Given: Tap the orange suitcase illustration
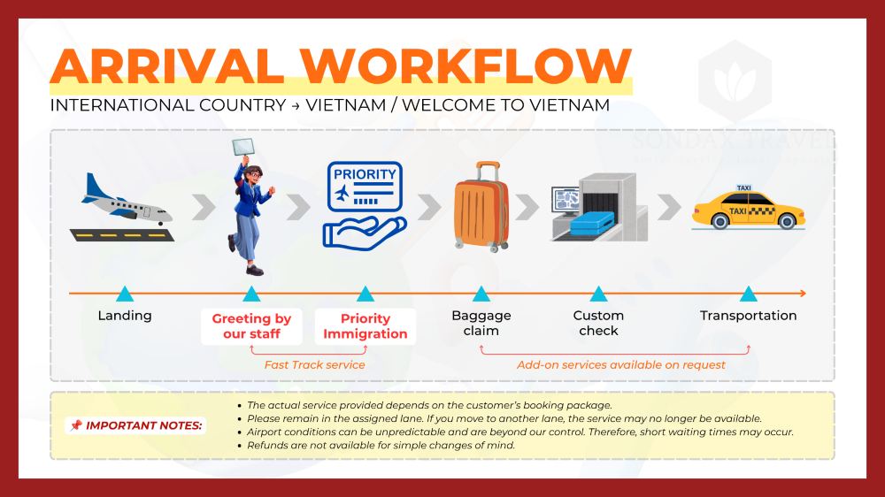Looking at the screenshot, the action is pyautogui.click(x=481, y=207).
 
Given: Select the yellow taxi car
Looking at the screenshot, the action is pyautogui.click(x=749, y=208).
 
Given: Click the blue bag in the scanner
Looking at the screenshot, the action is pyautogui.click(x=591, y=224).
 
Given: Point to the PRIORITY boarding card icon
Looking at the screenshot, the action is pyautogui.click(x=365, y=187).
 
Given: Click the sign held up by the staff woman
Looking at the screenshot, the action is pyautogui.click(x=243, y=147).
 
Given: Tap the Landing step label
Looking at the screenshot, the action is pyautogui.click(x=125, y=316).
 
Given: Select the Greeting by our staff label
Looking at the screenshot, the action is pyautogui.click(x=251, y=326).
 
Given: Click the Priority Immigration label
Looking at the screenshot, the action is pyautogui.click(x=366, y=326).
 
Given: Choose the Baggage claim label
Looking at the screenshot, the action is pyautogui.click(x=481, y=324).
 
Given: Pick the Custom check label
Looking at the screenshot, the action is pyautogui.click(x=598, y=324).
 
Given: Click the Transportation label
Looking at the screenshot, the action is pyautogui.click(x=749, y=316).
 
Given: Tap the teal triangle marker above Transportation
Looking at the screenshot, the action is pyautogui.click(x=749, y=294).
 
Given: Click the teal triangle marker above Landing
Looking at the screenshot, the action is pyautogui.click(x=125, y=294).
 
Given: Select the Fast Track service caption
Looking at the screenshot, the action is pyautogui.click(x=314, y=365).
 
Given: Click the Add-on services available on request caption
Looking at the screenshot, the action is pyautogui.click(x=621, y=365).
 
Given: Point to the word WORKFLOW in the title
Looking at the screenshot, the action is pyautogui.click(x=466, y=66).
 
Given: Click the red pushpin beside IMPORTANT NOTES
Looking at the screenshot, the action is pyautogui.click(x=75, y=425).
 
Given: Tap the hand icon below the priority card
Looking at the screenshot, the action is pyautogui.click(x=364, y=233).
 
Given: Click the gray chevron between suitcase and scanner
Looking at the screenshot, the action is pyautogui.click(x=527, y=207).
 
